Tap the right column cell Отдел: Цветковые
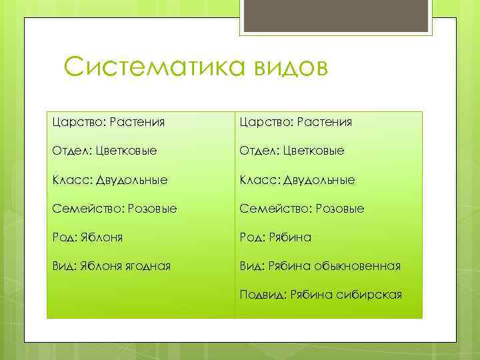click(292, 151)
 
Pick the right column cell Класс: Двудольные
click(297, 180)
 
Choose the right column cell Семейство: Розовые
click(302, 209)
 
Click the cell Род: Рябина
click(276, 237)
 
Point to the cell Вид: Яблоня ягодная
click(111, 266)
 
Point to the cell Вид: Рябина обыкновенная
click(321, 266)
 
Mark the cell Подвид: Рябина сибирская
click(321, 295)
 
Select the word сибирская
click(374, 295)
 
